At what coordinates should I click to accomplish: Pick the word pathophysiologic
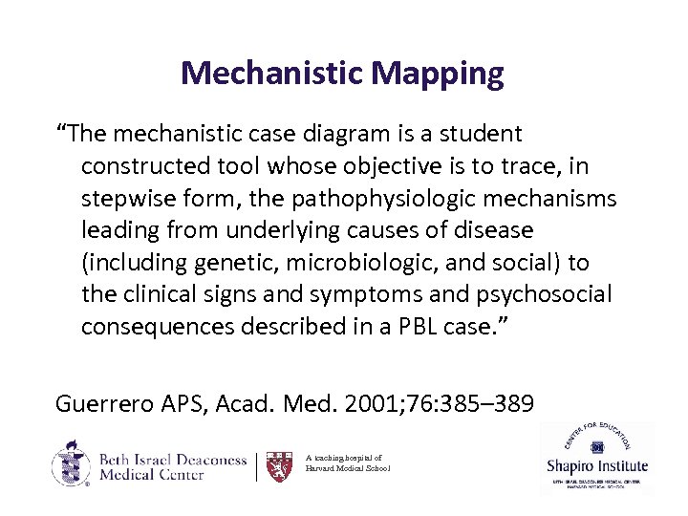pyautogui.click(x=408, y=200)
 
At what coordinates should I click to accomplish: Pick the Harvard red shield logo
pyautogui.click(x=279, y=465)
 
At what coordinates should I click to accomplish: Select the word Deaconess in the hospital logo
pyautogui.click(x=204, y=459)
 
